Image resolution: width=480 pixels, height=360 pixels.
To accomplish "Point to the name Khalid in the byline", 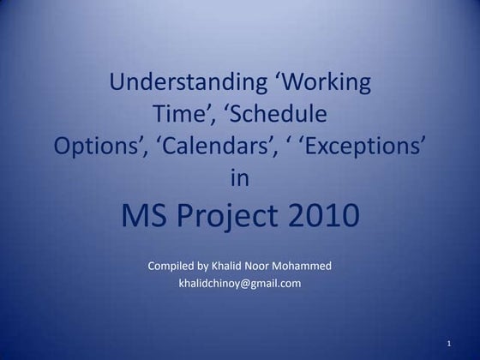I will [x=233, y=266].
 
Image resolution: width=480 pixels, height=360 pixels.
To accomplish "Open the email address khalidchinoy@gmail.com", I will [x=239, y=284].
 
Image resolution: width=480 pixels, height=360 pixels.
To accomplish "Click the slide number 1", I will [x=449, y=344].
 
